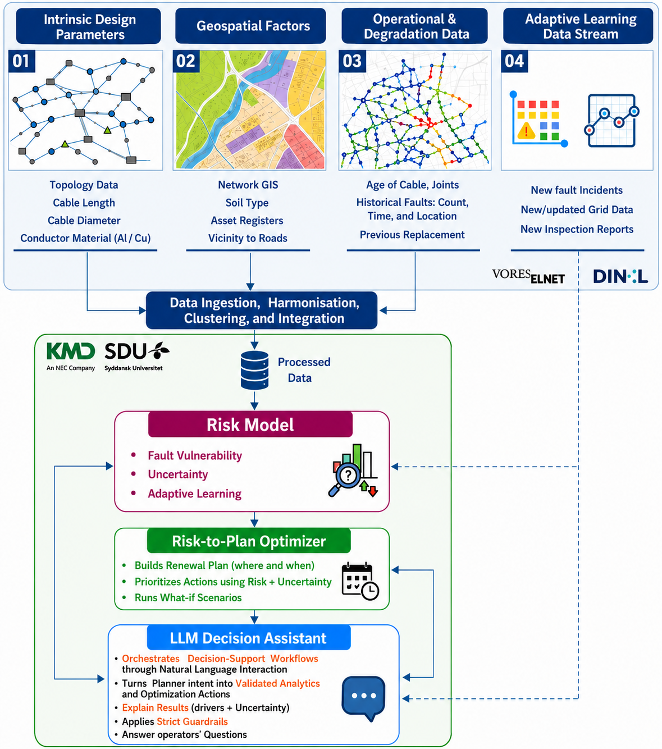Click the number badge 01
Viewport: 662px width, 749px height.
click(x=21, y=61)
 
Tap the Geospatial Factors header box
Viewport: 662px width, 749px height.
click(x=250, y=26)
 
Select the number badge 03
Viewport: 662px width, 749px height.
click(x=352, y=61)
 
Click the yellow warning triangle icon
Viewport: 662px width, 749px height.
click(x=526, y=130)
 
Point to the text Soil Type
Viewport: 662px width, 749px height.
click(x=247, y=203)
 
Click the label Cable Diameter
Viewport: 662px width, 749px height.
click(x=84, y=220)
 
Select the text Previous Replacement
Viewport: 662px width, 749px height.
click(x=412, y=235)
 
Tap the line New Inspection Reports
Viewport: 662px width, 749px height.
click(x=577, y=229)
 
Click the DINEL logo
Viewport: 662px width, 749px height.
click(x=620, y=276)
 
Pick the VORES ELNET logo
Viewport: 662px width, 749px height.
click(x=528, y=276)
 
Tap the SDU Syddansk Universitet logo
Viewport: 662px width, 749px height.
click(x=136, y=356)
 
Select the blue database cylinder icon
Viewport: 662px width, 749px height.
click(x=254, y=370)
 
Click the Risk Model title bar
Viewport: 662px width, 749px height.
click(x=250, y=424)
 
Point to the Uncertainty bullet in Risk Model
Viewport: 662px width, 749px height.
click(x=177, y=474)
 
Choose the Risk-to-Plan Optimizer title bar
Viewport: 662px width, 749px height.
click(x=249, y=541)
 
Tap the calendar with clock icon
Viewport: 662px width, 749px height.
click(x=360, y=581)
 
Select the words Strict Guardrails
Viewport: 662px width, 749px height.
click(x=192, y=721)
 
